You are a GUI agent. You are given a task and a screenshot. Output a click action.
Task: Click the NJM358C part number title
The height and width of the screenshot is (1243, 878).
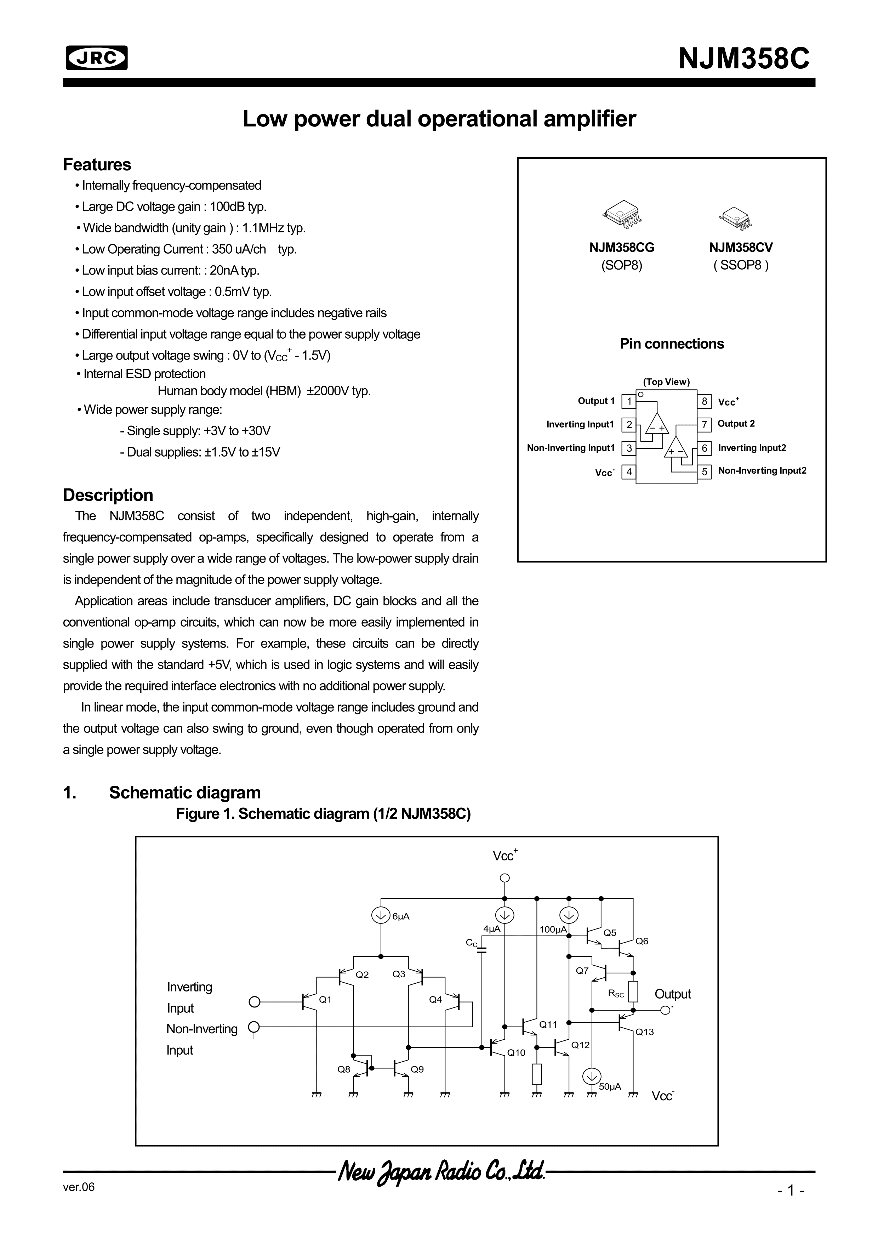tap(744, 58)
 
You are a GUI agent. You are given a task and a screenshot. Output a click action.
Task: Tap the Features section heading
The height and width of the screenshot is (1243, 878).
tap(97, 165)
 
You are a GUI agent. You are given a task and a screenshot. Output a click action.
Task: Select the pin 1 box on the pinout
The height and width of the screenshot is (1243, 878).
tap(629, 402)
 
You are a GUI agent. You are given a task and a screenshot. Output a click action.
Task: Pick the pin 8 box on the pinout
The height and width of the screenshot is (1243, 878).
tap(705, 402)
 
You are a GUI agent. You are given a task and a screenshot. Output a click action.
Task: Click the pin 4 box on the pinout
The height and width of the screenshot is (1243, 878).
tap(629, 471)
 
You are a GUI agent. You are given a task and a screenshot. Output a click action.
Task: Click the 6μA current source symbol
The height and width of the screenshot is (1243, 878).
tap(381, 915)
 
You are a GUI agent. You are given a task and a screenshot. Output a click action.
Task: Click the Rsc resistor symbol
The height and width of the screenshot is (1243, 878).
tap(633, 991)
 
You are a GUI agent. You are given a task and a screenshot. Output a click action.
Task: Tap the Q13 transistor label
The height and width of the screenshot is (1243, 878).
tap(644, 1032)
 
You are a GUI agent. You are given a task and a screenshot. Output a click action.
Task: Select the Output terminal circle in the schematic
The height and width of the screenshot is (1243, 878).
tap(665, 1010)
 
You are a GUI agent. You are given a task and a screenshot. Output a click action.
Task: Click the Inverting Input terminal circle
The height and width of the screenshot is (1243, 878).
tap(254, 1002)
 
